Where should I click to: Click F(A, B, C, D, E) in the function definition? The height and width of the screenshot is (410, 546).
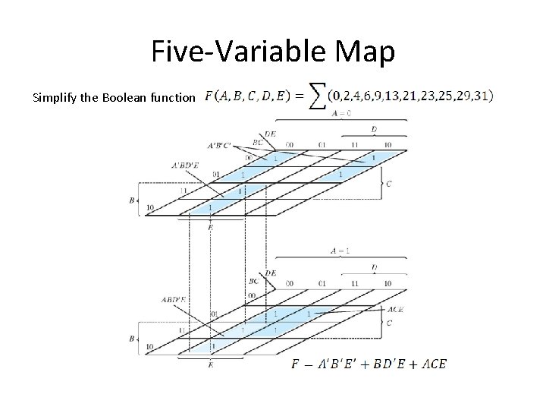coord(250,97)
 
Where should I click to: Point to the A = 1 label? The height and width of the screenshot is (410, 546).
coord(340,250)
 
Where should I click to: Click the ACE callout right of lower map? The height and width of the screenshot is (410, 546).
coord(395,309)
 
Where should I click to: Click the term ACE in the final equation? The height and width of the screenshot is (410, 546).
coord(431,364)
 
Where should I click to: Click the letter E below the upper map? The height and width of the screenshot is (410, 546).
coord(209,226)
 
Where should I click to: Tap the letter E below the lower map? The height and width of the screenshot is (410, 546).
coord(209,364)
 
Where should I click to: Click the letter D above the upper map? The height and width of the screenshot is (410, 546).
coord(374,130)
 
